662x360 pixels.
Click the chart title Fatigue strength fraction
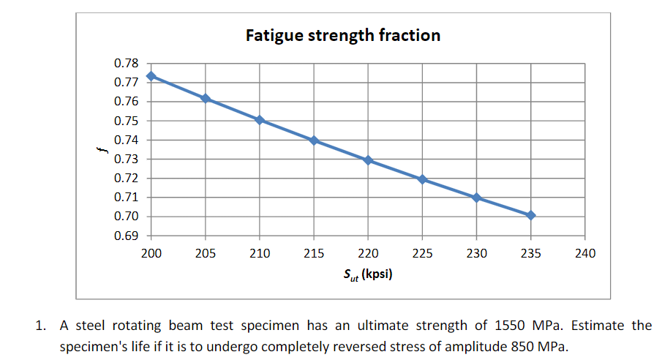pos(343,35)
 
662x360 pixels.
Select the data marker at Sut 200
pos(151,76)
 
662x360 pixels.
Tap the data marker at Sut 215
pos(314,140)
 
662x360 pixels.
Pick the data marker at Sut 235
pos(531,215)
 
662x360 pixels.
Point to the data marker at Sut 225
pos(422,179)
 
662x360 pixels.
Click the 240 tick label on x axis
pos(586,254)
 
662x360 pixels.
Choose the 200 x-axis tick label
pos(151,254)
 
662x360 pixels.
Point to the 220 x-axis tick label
pos(368,254)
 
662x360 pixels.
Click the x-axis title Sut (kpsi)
pos(368,277)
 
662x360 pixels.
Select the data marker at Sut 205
pos(206,98)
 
